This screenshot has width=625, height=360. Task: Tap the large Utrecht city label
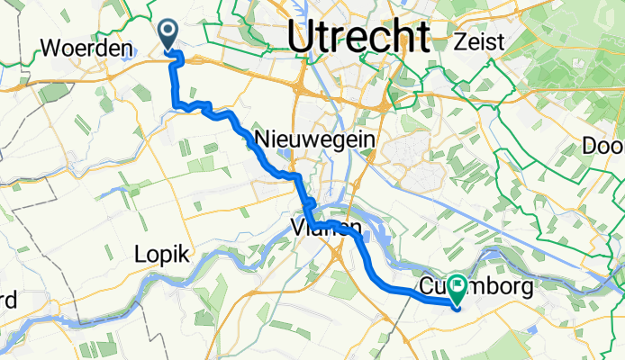pos(358,36)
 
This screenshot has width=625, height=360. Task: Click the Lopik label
pos(162,255)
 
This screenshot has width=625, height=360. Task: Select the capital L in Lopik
pos(139,255)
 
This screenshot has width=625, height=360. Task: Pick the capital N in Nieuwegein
pos(263,139)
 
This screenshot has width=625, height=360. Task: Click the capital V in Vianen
pos(298,229)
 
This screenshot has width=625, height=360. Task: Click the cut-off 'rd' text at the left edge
pos(7,297)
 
